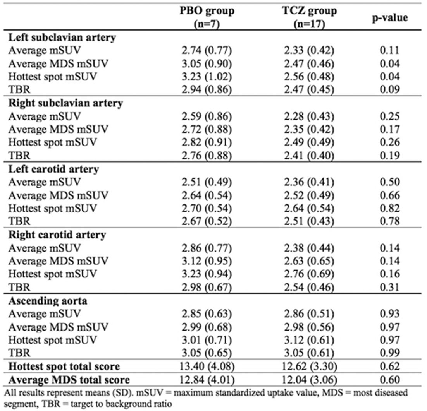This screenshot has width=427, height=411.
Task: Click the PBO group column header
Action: click(x=207, y=17)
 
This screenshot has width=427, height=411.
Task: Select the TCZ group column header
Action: click(x=309, y=17)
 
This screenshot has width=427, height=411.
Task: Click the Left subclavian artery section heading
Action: click(x=62, y=38)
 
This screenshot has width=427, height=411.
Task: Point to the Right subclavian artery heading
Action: click(x=65, y=103)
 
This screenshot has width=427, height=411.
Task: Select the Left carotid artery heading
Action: click(x=53, y=169)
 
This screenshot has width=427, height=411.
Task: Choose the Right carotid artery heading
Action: click(x=57, y=235)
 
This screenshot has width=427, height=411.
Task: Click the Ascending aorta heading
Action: click(x=48, y=301)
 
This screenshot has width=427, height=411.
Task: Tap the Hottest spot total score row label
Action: click(x=64, y=366)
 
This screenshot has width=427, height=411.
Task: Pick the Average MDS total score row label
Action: click(x=69, y=380)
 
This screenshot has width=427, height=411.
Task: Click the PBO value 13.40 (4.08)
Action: click(x=207, y=366)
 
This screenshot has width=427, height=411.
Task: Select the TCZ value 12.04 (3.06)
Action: click(x=309, y=380)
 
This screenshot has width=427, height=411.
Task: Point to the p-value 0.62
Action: click(x=390, y=366)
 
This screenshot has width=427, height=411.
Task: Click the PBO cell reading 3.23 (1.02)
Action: click(x=207, y=76)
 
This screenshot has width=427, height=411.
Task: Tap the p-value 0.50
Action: click(x=390, y=182)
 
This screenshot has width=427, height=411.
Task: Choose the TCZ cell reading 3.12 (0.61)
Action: click(x=309, y=340)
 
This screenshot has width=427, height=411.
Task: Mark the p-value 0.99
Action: click(x=390, y=353)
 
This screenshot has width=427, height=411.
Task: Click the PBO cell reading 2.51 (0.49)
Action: click(x=207, y=182)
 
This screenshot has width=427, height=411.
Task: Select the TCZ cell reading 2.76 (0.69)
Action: click(x=309, y=274)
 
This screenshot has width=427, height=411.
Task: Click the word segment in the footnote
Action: click(x=19, y=404)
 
